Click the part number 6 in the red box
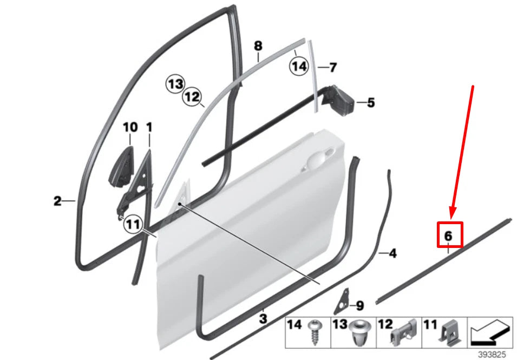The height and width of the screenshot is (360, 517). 448,236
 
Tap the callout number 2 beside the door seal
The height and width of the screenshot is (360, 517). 57,201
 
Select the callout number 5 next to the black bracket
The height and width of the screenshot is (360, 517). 370,102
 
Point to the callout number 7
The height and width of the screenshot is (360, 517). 333,68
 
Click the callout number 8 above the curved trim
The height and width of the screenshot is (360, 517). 258,46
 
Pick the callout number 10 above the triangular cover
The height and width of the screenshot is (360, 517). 130,128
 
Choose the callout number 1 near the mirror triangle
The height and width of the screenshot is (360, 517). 149,128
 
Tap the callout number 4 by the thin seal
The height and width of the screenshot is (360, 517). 392,253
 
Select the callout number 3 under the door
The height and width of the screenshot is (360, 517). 263,319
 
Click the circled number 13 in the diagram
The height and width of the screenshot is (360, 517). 175,84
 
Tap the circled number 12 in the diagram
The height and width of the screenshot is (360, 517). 191,97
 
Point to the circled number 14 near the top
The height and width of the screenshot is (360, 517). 298,67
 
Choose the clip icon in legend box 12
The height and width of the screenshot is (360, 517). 403,331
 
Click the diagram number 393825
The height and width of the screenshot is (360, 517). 493,355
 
